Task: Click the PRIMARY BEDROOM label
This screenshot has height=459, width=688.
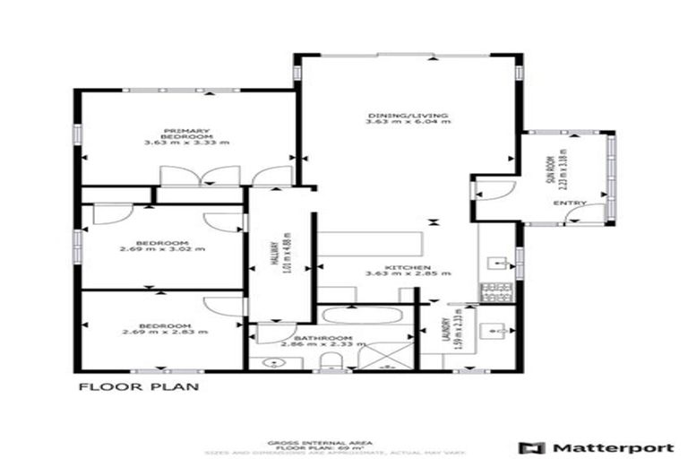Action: pyautogui.click(x=187, y=132)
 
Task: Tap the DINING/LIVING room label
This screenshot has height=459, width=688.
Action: pyautogui.click(x=408, y=116)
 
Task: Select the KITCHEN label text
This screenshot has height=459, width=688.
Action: pyautogui.click(x=408, y=267)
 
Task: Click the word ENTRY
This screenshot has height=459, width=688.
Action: pyautogui.click(x=570, y=204)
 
